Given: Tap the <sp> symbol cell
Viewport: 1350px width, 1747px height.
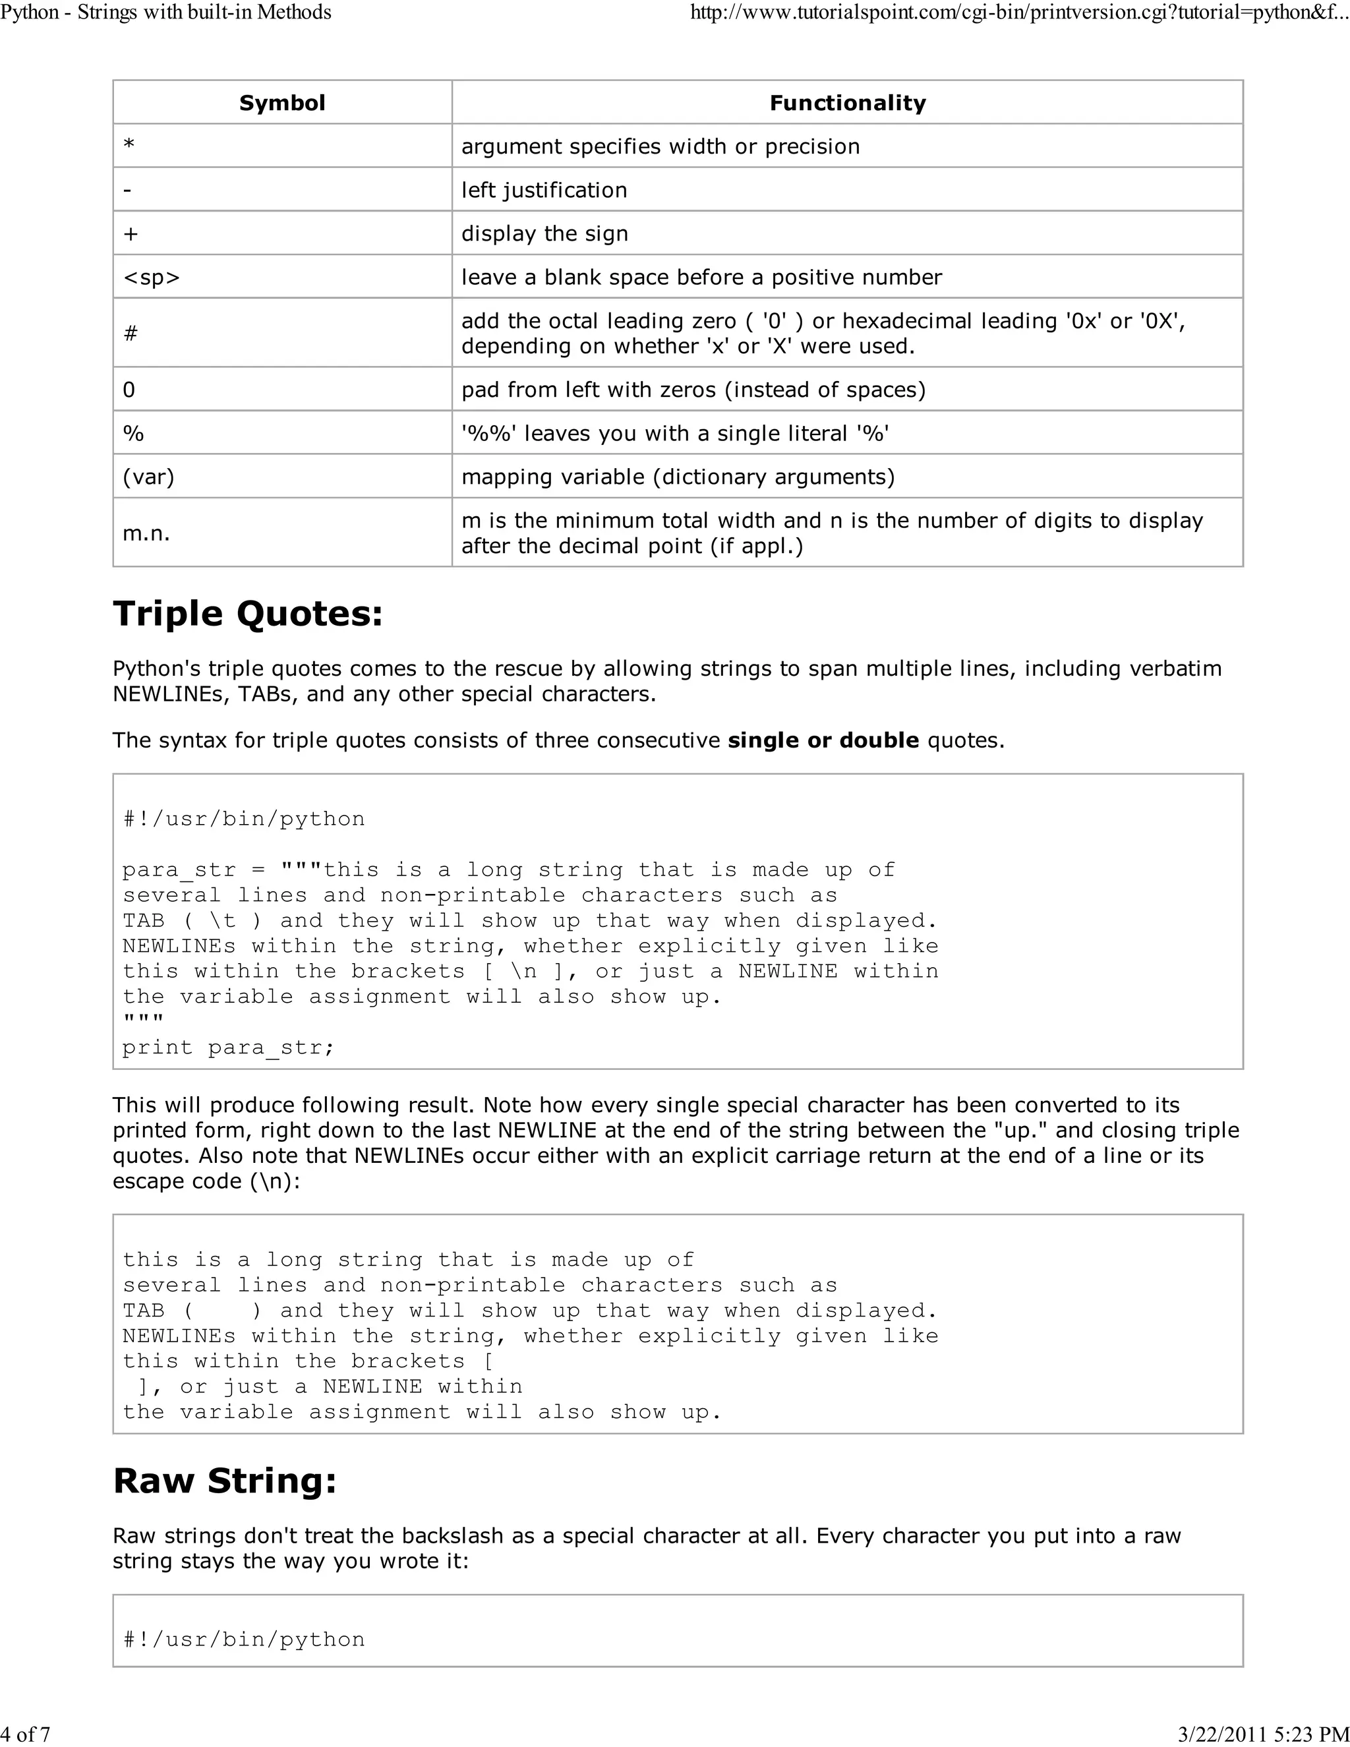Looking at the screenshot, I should coord(151,277).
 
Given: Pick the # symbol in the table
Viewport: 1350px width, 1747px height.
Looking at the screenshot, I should coord(131,333).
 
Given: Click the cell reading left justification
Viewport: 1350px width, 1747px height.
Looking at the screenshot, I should coord(544,190).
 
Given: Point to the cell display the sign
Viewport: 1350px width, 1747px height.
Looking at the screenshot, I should coord(544,233).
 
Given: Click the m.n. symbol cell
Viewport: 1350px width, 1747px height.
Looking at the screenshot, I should coord(146,533).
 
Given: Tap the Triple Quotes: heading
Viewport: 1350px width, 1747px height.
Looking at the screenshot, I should coord(248,614).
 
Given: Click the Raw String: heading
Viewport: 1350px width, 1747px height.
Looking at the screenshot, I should coord(225,1481).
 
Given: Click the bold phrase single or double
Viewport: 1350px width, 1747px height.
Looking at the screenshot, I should coord(823,740).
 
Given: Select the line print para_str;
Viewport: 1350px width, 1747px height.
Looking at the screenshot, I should coord(228,1047).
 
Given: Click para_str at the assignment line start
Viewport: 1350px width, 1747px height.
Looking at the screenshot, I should coord(179,870).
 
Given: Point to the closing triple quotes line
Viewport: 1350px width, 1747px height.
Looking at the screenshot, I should coord(143,1021).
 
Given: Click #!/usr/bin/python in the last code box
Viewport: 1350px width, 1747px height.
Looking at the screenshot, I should coord(244,1639).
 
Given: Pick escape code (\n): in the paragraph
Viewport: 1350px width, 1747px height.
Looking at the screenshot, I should coord(206,1181).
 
